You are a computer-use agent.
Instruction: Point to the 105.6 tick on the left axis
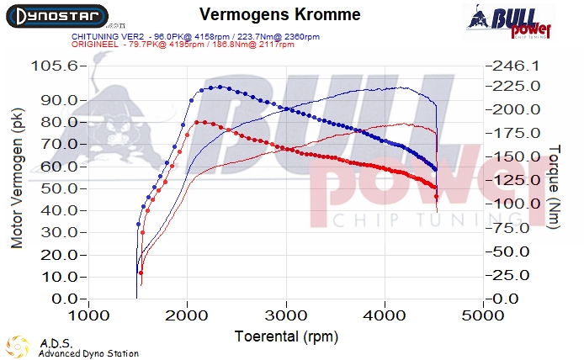(58, 65)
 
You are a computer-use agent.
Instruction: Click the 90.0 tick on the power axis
(61, 100)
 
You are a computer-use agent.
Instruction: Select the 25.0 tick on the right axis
(509, 275)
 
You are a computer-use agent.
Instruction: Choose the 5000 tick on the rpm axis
(483, 316)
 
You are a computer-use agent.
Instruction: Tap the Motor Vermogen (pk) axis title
(17, 181)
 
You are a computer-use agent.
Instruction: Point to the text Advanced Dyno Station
(88, 354)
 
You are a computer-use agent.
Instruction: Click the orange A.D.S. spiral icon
(18, 347)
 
